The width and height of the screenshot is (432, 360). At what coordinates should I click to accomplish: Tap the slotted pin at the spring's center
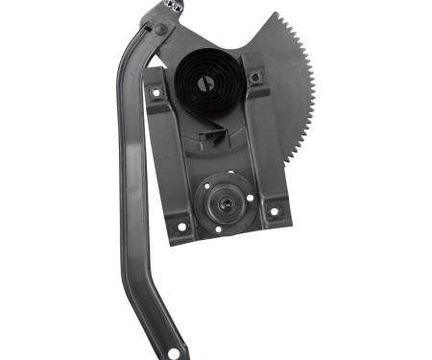click(x=206, y=84)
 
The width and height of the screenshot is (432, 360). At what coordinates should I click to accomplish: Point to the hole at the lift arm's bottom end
click(x=173, y=353)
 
